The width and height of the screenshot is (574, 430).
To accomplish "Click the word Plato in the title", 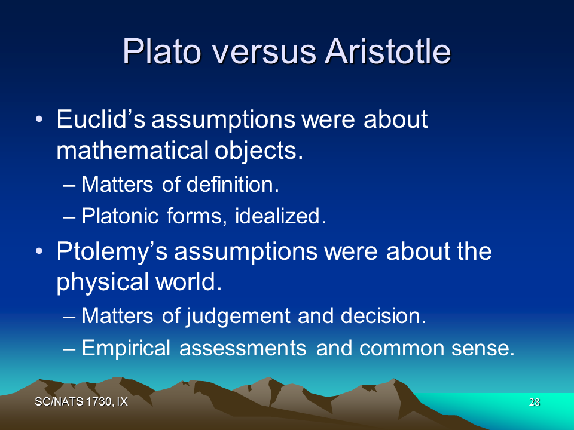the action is click(162, 51).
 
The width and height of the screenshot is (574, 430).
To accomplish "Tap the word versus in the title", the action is click(264, 53).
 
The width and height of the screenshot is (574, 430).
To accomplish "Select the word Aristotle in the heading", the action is click(387, 51).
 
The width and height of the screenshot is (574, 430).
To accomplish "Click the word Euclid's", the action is click(101, 119).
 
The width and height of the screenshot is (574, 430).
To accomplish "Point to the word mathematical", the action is click(133, 150).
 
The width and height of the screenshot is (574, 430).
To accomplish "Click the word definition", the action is click(233, 184).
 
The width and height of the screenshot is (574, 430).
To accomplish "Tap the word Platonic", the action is click(120, 216).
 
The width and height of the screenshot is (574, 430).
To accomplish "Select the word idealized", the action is click(280, 216).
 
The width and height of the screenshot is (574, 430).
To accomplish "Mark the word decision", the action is click(383, 315).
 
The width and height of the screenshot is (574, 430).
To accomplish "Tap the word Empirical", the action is click(126, 348).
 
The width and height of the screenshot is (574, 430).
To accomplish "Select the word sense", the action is click(483, 348).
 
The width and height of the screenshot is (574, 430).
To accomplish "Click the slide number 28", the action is click(534, 402).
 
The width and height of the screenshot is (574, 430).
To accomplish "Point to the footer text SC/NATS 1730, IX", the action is click(81, 402).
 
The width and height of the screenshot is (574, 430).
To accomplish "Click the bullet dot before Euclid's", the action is click(39, 119).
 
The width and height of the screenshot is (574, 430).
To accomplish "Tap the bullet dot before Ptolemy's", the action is click(39, 251).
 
